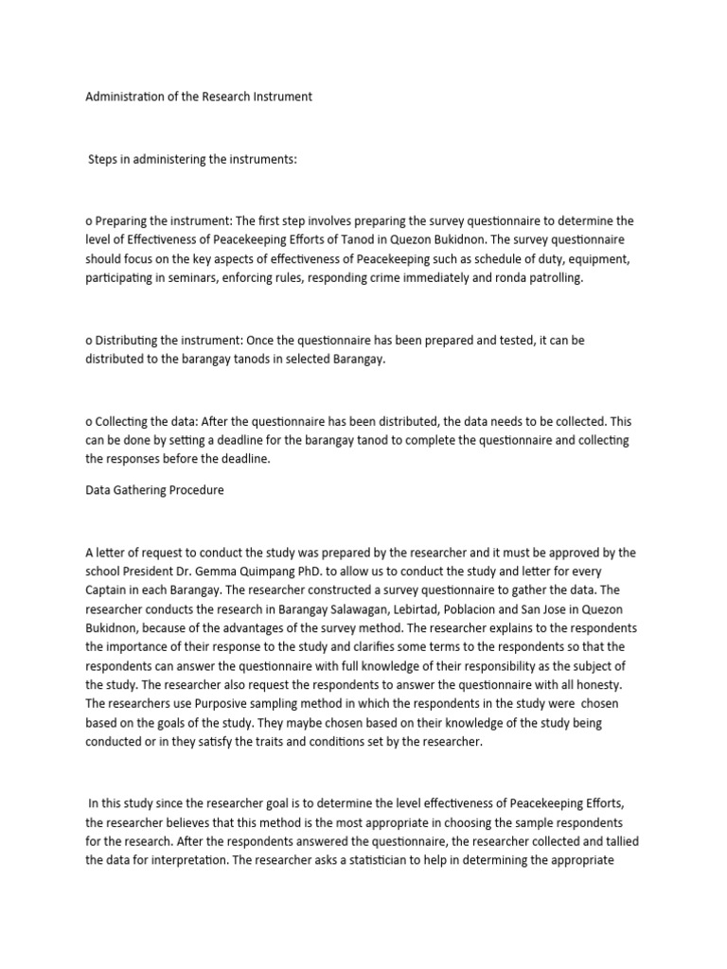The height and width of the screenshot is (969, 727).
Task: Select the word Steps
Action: coord(105,160)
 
